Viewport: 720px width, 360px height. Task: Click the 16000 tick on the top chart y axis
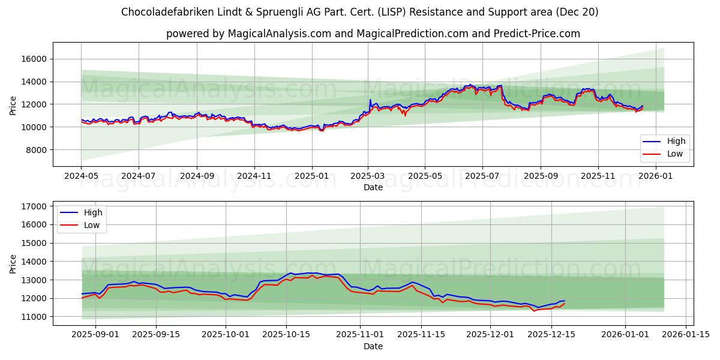35,59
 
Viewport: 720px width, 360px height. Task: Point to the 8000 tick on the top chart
37,150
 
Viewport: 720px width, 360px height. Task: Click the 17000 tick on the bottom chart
35,206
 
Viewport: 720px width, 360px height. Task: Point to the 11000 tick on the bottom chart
35,317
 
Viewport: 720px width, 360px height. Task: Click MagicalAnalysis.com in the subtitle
280,34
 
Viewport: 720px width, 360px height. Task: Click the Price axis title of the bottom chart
13,263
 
